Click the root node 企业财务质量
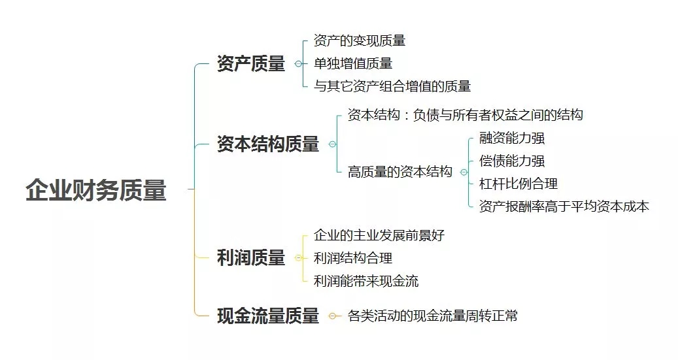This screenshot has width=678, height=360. [96, 189]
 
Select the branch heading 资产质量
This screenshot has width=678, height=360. [251, 63]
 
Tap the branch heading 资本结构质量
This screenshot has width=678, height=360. [268, 144]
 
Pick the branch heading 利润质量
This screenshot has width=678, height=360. [251, 257]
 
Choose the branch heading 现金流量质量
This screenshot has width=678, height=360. [268, 316]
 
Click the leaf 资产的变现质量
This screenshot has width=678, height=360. [360, 41]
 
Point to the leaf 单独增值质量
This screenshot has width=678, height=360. [353, 63]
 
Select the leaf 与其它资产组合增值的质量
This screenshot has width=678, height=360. [392, 86]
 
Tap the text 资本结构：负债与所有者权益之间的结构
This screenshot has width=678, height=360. [466, 115]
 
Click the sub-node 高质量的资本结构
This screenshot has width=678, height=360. [400, 172]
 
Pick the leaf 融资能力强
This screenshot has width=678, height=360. [512, 139]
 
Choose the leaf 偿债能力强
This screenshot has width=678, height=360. [512, 161]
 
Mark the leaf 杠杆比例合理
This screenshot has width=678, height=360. [518, 184]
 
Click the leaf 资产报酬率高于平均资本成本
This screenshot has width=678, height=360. [564, 206]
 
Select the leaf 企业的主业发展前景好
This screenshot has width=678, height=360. [379, 235]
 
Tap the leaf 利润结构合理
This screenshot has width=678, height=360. [353, 258]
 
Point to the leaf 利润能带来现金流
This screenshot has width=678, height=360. [366, 281]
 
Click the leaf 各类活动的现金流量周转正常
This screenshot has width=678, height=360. [432, 316]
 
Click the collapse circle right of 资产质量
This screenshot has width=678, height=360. [298, 64]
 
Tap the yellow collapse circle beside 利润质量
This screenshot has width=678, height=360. [298, 258]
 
